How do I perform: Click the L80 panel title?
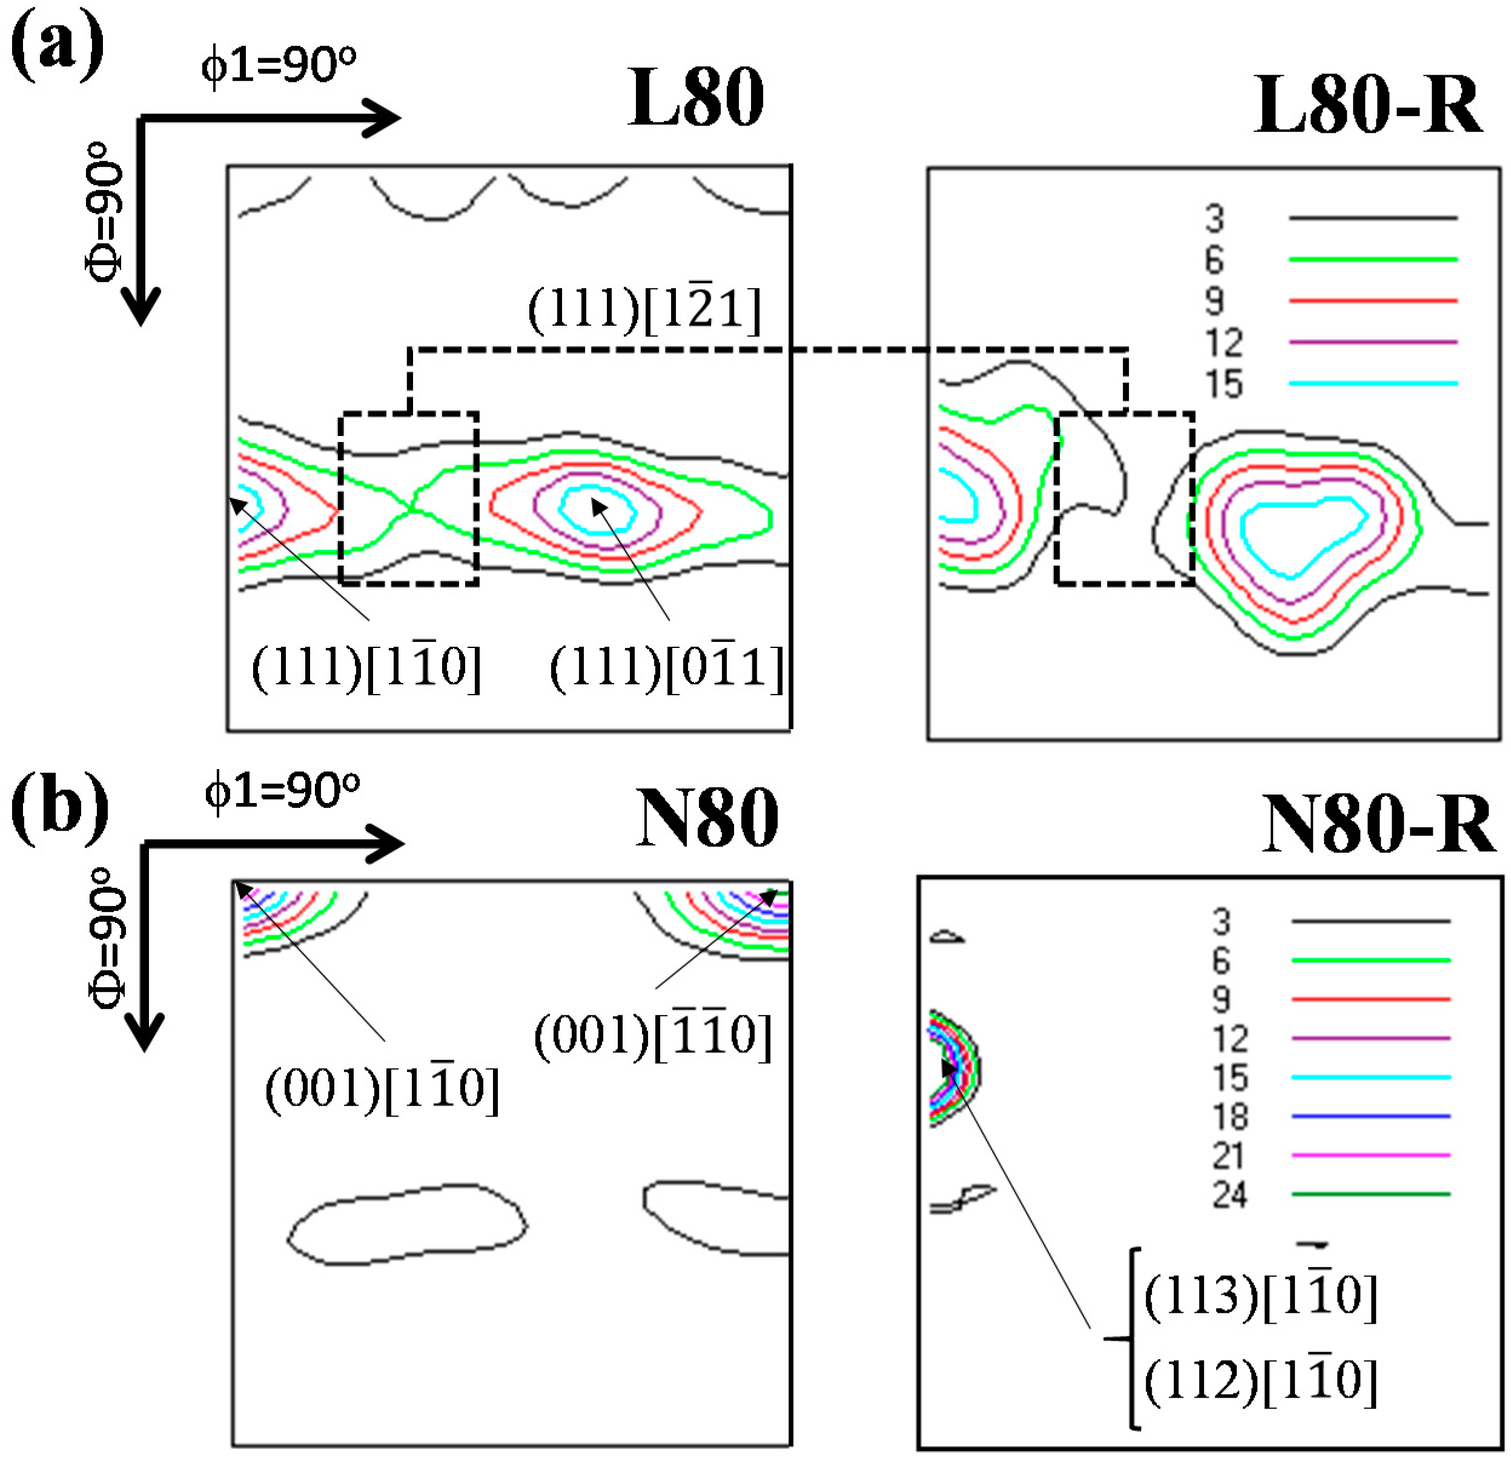pyautogui.click(x=695, y=98)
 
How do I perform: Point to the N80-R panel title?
pyautogui.click(x=1378, y=824)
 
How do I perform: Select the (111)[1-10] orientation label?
pyautogui.click(x=367, y=666)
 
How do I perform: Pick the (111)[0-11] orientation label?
pyautogui.click(x=666, y=666)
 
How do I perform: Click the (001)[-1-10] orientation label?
pyautogui.click(x=652, y=1034)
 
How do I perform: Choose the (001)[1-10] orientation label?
pyautogui.click(x=382, y=1088)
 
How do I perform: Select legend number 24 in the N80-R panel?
pyautogui.click(x=1229, y=1195)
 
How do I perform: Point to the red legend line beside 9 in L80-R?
pyautogui.click(x=1373, y=300)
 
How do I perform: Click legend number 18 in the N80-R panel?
pyautogui.click(x=1229, y=1116)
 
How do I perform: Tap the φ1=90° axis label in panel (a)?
pyautogui.click(x=279, y=65)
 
